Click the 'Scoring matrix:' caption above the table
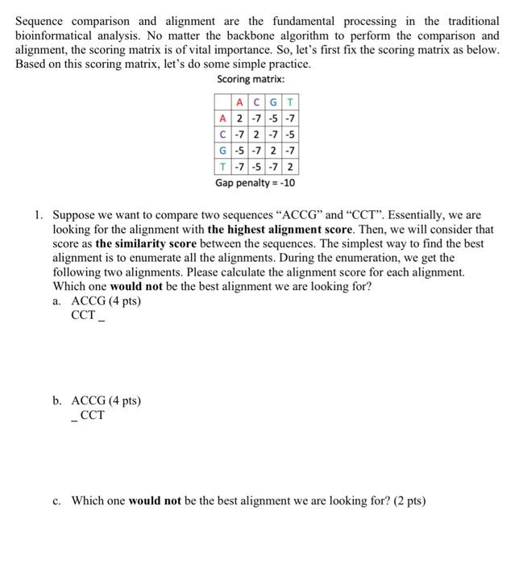(251, 80)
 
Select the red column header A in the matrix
(240, 102)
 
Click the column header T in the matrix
(290, 102)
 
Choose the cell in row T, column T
(290, 168)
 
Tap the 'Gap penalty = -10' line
(255, 183)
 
